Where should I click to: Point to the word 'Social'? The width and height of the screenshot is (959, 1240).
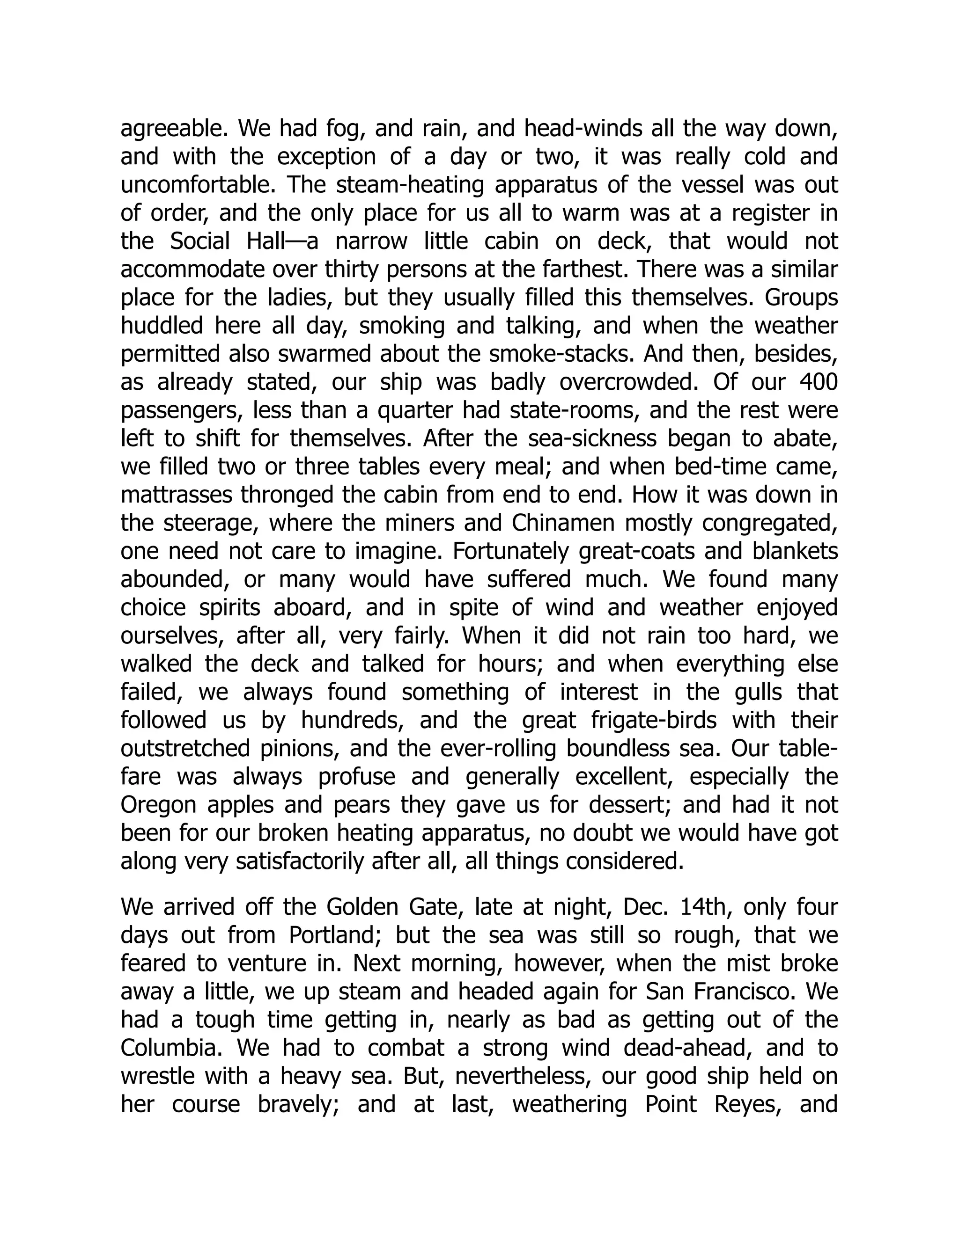pyautogui.click(x=200, y=242)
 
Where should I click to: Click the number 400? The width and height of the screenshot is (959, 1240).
pyautogui.click(x=818, y=383)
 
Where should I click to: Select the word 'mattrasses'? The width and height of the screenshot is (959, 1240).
pyautogui.click(x=177, y=495)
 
